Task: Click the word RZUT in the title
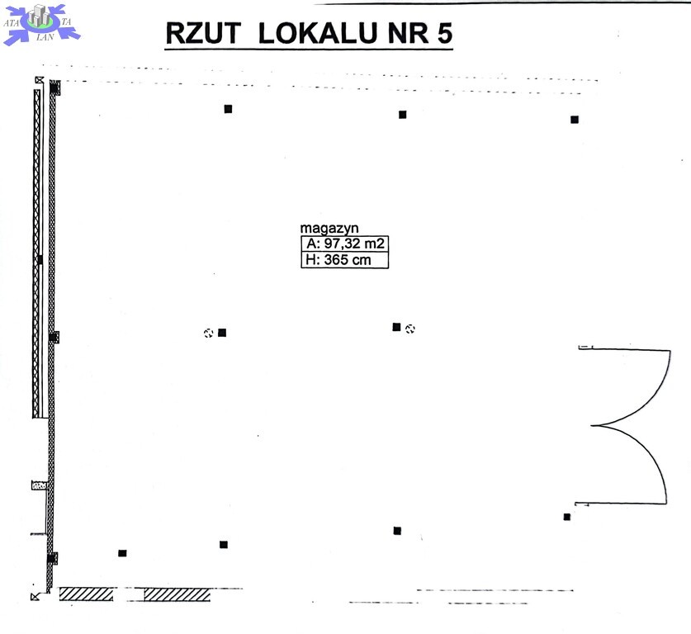pyautogui.click(x=203, y=33)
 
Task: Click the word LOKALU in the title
pyautogui.click(x=318, y=33)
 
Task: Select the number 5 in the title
pyautogui.click(x=445, y=33)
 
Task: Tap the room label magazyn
pyautogui.click(x=329, y=229)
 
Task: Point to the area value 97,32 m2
pyautogui.click(x=354, y=244)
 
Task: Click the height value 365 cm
pyautogui.click(x=348, y=259)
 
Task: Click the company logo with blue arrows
pyautogui.click(x=41, y=24)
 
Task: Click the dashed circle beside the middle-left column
pyautogui.click(x=208, y=333)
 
